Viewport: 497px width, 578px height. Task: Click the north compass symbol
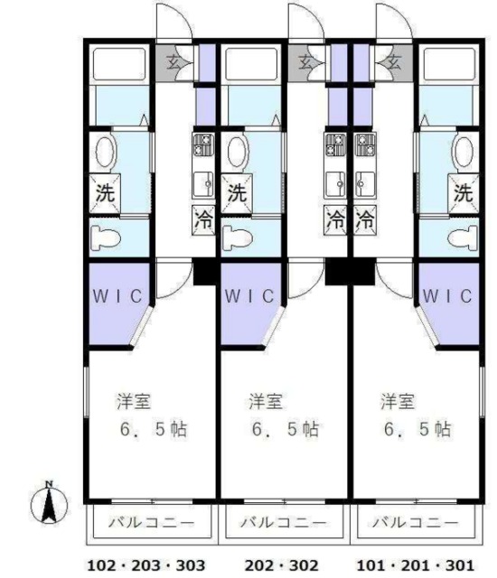(x=51, y=503)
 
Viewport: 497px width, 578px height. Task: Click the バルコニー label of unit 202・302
(x=283, y=523)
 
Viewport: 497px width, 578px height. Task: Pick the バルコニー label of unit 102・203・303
(x=151, y=523)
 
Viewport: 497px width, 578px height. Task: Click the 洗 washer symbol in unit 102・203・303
(x=106, y=193)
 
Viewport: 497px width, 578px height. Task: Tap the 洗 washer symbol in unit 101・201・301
(x=463, y=193)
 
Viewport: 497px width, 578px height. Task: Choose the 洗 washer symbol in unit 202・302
(x=236, y=193)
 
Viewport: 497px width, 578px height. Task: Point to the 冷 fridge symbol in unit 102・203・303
(x=205, y=219)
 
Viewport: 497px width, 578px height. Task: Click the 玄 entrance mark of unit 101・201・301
(x=394, y=62)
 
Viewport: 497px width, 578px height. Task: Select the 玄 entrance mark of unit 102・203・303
(x=172, y=62)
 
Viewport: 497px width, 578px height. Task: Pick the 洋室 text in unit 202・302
(x=263, y=399)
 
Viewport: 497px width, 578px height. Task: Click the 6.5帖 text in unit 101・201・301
(x=417, y=429)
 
